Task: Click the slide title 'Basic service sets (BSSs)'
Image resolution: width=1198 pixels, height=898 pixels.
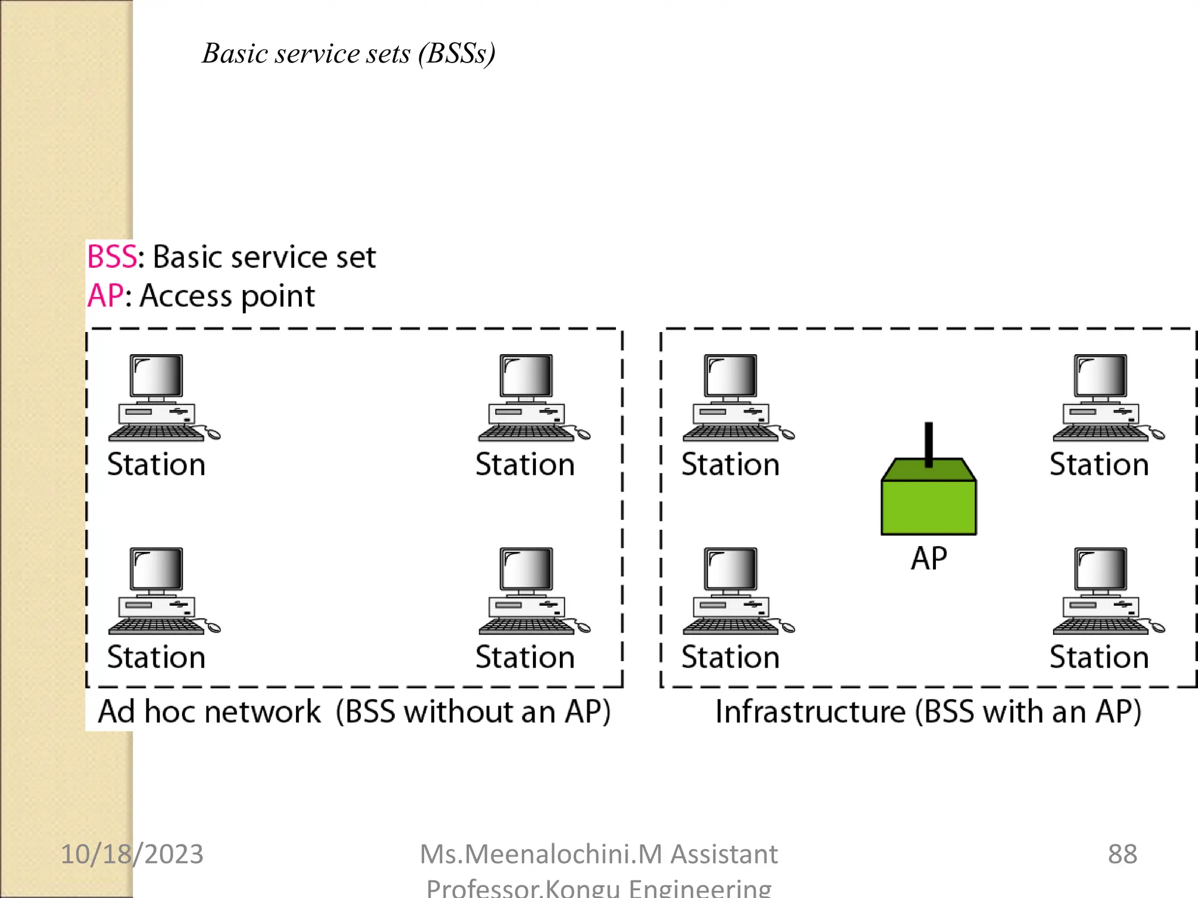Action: [349, 54]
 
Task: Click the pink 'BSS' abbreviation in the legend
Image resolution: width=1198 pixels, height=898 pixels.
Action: [112, 257]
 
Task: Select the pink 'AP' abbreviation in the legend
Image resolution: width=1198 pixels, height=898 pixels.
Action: [105, 296]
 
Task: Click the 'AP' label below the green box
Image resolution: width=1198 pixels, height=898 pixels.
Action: [928, 558]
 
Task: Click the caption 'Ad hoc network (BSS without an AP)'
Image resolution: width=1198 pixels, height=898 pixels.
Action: [354, 712]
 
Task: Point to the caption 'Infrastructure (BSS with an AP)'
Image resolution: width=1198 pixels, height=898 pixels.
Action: [928, 712]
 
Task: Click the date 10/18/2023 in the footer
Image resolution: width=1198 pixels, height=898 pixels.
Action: [132, 854]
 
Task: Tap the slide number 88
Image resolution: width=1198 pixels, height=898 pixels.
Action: [1122, 854]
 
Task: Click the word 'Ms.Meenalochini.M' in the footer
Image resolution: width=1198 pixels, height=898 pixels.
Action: [541, 854]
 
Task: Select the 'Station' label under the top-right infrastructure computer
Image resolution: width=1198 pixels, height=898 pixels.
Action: [1099, 465]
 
